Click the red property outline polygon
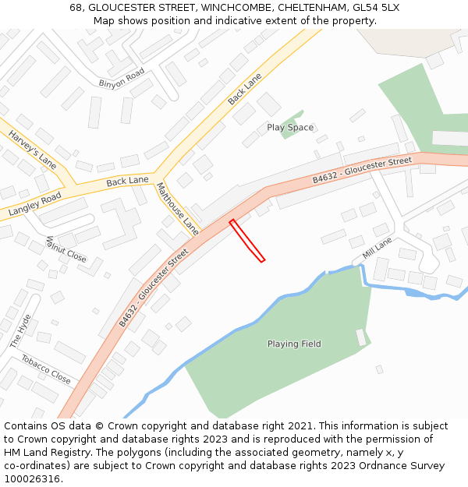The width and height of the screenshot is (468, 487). (x=247, y=241)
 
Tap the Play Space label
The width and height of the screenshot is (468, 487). (x=290, y=128)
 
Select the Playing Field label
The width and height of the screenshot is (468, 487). (x=294, y=344)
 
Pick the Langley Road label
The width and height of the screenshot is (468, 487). (x=34, y=204)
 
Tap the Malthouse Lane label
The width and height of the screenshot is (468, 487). (x=178, y=207)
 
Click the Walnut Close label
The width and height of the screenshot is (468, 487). (x=66, y=249)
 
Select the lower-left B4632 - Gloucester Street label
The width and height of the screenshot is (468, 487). (x=154, y=288)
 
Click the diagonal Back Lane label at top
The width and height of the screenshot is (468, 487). (x=244, y=90)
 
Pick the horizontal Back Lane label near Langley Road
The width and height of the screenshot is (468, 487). (x=127, y=181)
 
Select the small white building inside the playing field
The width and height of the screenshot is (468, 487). (x=360, y=337)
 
